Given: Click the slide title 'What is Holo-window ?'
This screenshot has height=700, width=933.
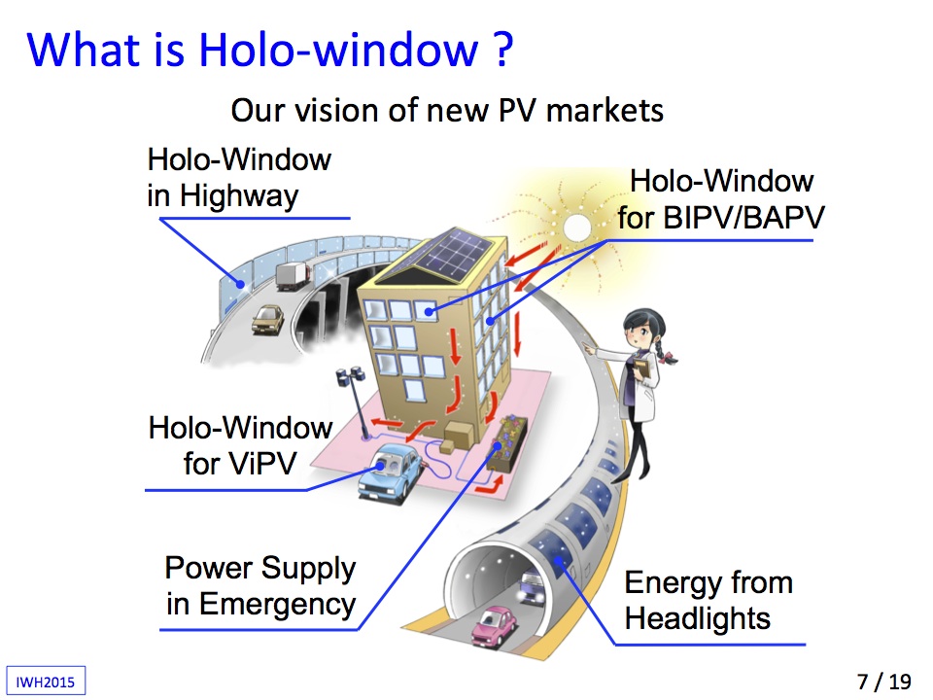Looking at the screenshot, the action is tap(269, 49).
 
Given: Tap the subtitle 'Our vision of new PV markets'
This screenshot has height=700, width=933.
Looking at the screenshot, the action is tap(447, 110).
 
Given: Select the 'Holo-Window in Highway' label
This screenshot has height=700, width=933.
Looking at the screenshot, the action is tap(239, 177).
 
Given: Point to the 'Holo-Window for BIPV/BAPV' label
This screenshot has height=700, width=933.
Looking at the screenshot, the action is tap(721, 198).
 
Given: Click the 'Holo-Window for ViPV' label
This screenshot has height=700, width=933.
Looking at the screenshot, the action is tap(240, 445).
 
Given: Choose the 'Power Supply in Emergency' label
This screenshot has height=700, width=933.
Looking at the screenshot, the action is tap(260, 585).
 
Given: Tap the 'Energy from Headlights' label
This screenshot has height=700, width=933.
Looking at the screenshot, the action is tap(708, 600).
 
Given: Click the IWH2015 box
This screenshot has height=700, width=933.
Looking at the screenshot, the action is tap(46, 681).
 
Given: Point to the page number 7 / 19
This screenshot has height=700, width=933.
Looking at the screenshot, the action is tap(883, 681).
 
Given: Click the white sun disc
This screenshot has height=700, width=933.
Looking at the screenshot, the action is tap(576, 227).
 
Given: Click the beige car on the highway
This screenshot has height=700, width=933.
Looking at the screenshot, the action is tap(267, 320).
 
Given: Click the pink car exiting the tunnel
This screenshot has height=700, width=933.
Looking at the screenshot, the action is tap(494, 625).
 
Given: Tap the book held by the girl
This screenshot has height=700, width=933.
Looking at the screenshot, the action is tap(641, 368).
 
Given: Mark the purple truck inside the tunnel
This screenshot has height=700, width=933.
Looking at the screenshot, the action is tap(532, 585).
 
